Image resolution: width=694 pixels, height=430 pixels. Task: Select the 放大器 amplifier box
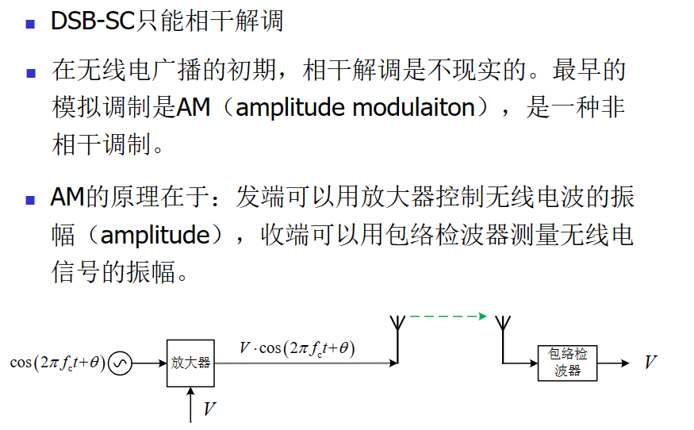click(190, 363)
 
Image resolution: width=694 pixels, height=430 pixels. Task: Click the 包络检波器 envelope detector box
click(568, 363)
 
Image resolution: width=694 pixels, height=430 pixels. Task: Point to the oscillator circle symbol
click(120, 363)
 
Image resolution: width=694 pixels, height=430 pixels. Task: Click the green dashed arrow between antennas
click(447, 317)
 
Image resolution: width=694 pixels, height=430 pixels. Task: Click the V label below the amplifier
click(209, 409)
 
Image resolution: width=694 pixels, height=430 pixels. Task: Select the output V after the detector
click(650, 363)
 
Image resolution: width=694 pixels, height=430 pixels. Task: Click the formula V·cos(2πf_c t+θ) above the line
click(297, 347)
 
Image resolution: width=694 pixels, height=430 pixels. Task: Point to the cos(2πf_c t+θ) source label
click(57, 363)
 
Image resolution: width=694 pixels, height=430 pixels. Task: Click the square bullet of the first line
click(31, 23)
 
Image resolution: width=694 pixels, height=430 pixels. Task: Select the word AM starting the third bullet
click(67, 198)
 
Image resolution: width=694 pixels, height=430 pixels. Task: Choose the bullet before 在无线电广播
click(31, 72)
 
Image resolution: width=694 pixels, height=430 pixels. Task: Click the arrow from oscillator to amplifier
click(149, 363)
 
